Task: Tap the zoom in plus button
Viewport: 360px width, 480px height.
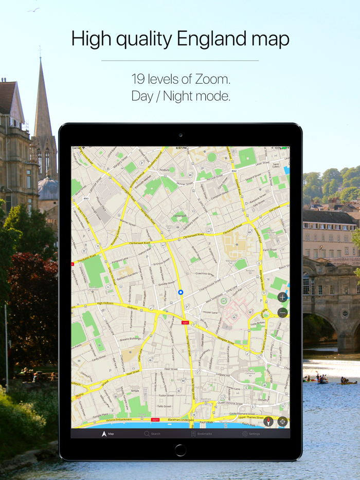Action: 282,297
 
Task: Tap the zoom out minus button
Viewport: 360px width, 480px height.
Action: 282,312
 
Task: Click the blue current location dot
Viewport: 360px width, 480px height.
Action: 181,292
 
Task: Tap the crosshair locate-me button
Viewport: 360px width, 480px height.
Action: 282,422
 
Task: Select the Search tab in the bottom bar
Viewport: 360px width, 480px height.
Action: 152,434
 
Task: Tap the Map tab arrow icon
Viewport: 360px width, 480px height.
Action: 104,434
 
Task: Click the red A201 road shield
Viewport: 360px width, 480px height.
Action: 185,323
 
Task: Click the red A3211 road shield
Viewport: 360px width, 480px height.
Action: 155,420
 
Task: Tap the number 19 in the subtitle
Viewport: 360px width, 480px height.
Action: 138,79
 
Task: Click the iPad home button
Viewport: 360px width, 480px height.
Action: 180,450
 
